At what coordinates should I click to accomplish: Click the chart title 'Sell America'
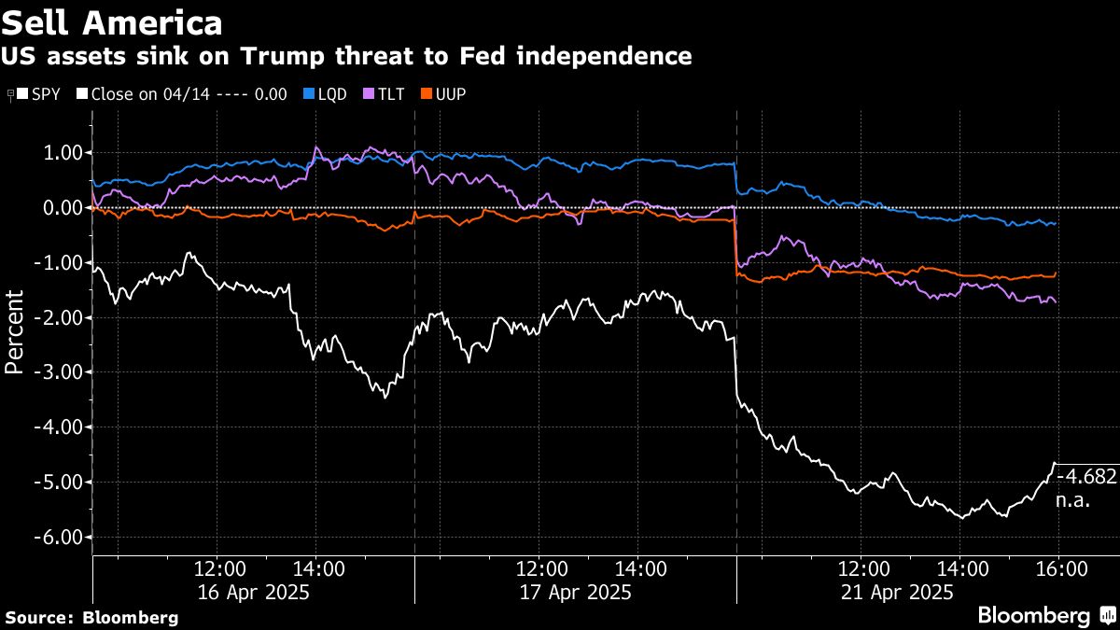point(113,22)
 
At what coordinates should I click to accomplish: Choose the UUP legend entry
point(444,95)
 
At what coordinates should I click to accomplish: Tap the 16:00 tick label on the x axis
point(1061,568)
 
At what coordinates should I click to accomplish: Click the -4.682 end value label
point(1085,477)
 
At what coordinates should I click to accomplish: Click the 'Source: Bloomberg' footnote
point(91,617)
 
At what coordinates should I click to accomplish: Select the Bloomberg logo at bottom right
point(1044,615)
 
